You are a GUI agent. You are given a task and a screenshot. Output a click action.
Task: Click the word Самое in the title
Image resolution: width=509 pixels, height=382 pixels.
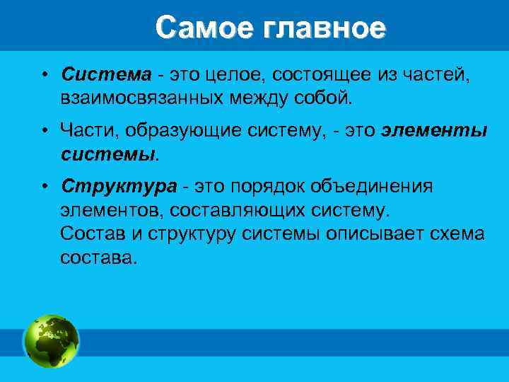[x=205, y=28]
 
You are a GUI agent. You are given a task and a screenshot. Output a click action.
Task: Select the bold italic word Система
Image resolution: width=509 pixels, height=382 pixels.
[x=106, y=74]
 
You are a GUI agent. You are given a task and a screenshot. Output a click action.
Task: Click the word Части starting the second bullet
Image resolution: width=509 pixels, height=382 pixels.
[x=88, y=131]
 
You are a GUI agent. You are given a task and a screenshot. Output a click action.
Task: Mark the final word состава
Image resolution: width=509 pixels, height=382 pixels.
[x=95, y=256]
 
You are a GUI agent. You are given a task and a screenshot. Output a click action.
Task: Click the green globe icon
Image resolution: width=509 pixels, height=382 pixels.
[x=52, y=341]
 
